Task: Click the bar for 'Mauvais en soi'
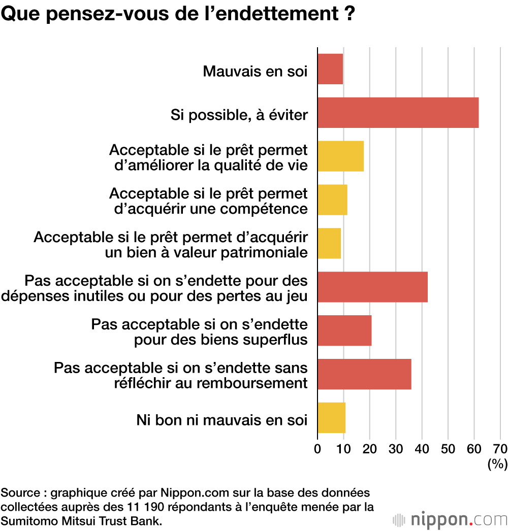pyautogui.click(x=330, y=69)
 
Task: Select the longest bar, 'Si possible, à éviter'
pyautogui.click(x=398, y=113)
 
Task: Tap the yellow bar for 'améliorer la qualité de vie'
pyautogui.click(x=340, y=156)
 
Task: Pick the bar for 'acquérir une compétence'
pyautogui.click(x=332, y=200)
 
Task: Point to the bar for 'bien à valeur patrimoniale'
pyautogui.click(x=329, y=244)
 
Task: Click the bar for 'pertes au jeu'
pyautogui.click(x=372, y=287)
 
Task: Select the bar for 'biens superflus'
pyautogui.click(x=344, y=330)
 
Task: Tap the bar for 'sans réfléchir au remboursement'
pyautogui.click(x=364, y=374)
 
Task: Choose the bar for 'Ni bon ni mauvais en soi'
pyautogui.click(x=331, y=418)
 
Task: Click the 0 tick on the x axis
pyautogui.click(x=317, y=449)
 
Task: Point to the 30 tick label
pyautogui.click(x=396, y=449)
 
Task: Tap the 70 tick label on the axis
pyautogui.click(x=500, y=449)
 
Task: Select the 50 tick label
pyautogui.click(x=448, y=449)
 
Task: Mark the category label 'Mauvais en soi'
pyautogui.click(x=255, y=71)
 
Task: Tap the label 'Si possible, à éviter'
pyautogui.click(x=239, y=115)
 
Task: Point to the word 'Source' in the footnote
pyautogui.click(x=18, y=493)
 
